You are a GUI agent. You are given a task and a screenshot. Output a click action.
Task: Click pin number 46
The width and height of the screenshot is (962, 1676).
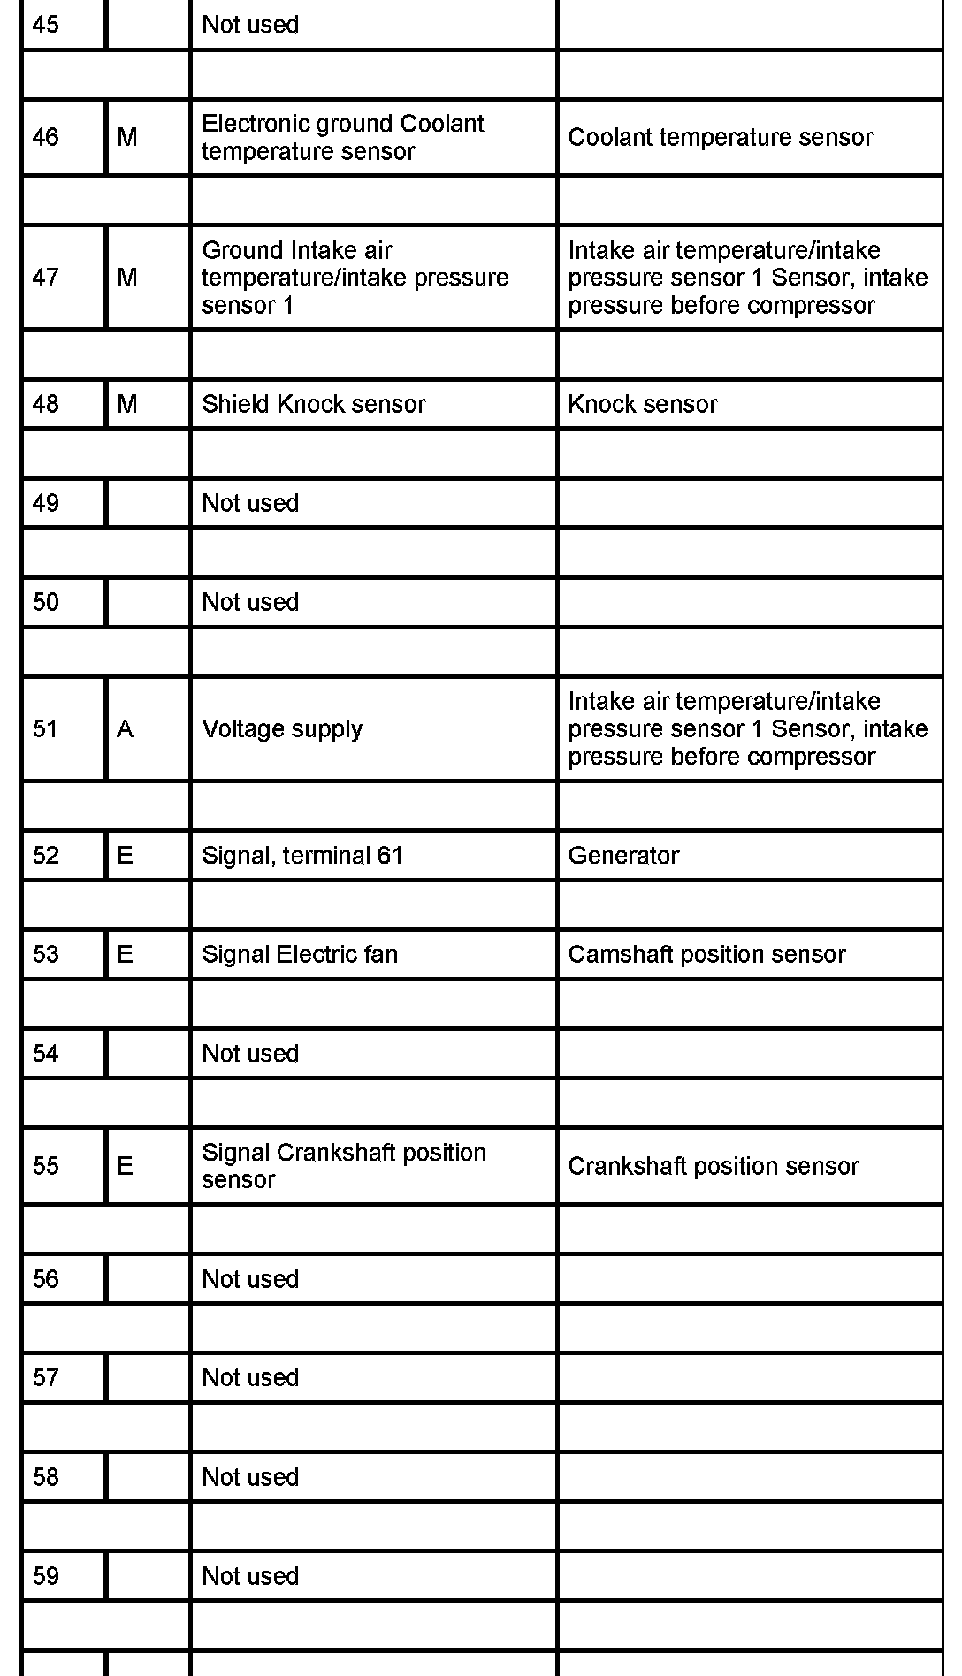tap(46, 137)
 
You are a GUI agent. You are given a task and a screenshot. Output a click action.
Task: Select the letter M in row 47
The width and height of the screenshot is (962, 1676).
tap(127, 278)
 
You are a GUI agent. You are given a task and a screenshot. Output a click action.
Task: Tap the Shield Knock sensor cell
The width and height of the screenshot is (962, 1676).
tap(313, 404)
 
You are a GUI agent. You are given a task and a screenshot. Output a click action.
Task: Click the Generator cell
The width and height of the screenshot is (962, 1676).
tap(623, 855)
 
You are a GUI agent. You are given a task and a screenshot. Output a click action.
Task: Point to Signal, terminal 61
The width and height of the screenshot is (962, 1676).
tap(302, 855)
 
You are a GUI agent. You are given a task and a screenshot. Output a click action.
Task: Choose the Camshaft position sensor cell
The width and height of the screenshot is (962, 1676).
tap(706, 954)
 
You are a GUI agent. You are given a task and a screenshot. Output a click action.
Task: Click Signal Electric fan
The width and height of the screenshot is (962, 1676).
tap(300, 954)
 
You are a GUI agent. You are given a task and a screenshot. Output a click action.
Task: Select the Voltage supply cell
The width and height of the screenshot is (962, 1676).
tap(282, 728)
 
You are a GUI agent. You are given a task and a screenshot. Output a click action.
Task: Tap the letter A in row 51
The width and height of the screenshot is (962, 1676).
tap(126, 728)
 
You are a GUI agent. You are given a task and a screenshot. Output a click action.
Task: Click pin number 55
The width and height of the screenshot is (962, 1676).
tap(46, 1165)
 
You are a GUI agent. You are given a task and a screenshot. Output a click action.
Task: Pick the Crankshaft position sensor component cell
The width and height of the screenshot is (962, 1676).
tap(714, 1166)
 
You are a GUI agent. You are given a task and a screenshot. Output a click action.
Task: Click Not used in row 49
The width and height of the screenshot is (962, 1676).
tap(250, 503)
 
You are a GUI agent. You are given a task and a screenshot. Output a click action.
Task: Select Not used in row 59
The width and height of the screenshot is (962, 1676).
tap(250, 1575)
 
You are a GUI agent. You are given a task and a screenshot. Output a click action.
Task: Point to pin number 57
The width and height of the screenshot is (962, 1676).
tap(46, 1377)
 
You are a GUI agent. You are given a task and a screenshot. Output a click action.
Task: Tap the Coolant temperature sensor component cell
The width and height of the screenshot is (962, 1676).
tap(721, 137)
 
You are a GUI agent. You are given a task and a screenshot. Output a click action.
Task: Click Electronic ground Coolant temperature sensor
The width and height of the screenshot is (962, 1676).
tap(342, 137)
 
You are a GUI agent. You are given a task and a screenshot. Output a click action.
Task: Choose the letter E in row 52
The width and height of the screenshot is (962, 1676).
tap(126, 855)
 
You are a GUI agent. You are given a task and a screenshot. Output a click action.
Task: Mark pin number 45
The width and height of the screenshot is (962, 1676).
tap(46, 24)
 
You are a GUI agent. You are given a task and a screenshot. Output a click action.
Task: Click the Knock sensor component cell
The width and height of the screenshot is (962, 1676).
tap(643, 404)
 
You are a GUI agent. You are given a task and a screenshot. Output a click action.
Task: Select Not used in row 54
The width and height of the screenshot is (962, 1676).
tap(250, 1053)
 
